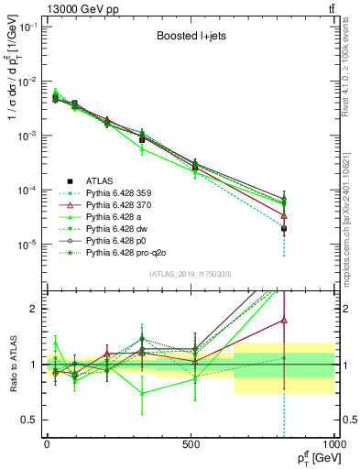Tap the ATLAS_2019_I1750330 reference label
coord(189,272)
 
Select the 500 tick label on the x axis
coord(191,443)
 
